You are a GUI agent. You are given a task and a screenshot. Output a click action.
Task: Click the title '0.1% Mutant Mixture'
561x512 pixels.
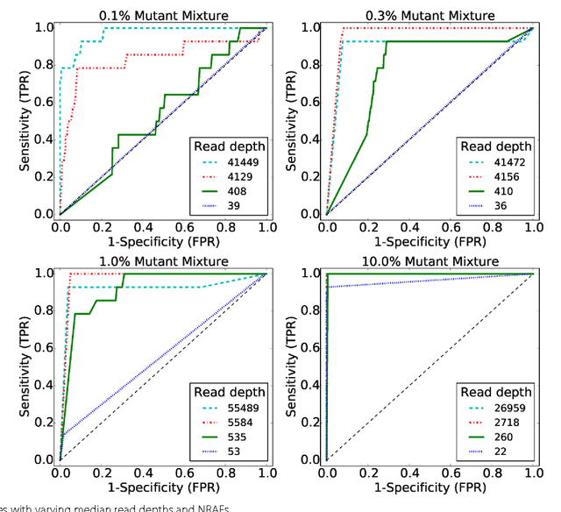(162, 15)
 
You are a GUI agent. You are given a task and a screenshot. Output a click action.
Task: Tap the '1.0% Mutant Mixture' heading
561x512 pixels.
(162, 260)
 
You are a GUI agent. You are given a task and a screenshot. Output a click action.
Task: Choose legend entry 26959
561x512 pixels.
(506, 409)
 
